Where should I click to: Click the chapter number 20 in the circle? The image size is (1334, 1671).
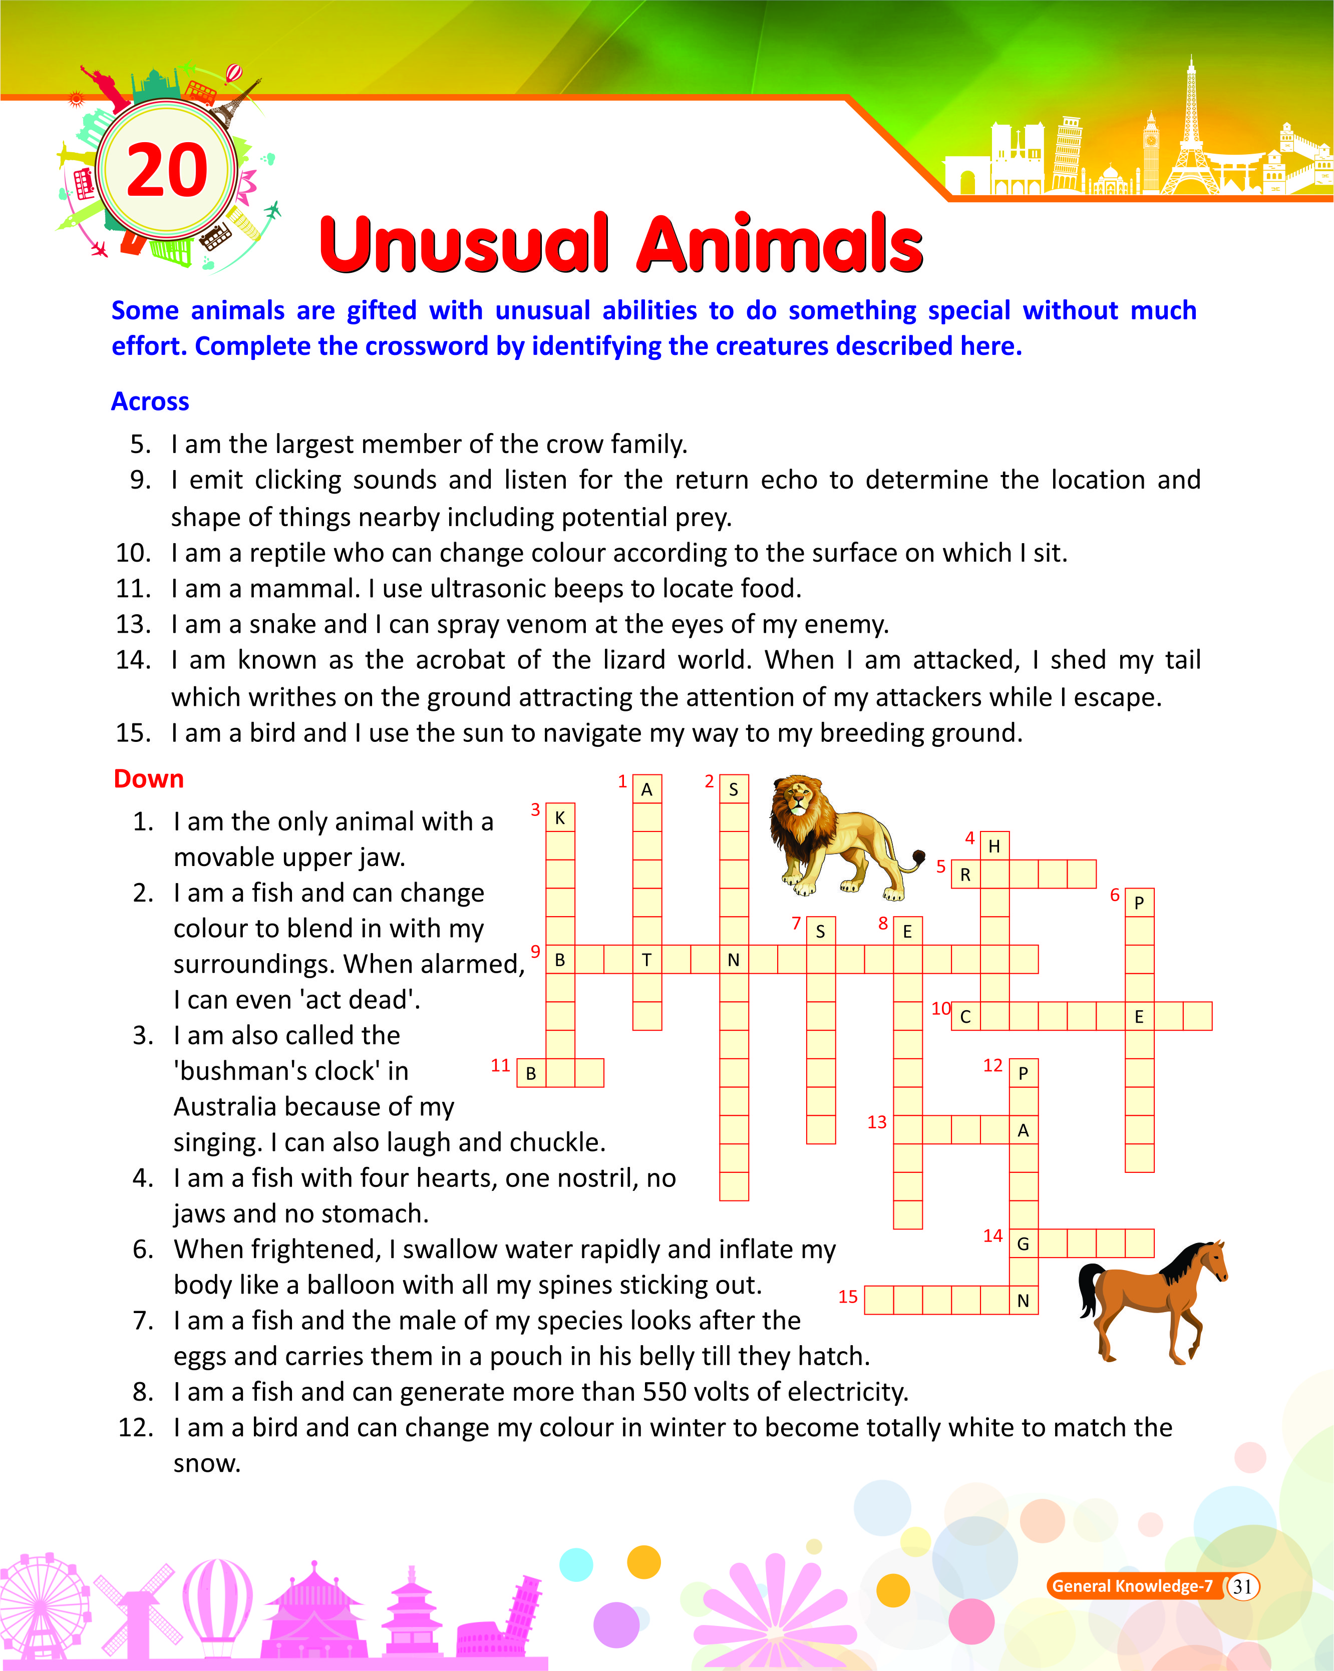point(167,171)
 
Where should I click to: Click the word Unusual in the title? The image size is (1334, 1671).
point(464,244)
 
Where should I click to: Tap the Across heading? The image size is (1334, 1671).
point(150,401)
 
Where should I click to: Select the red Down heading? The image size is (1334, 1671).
point(148,779)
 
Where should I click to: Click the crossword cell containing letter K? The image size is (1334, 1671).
point(560,817)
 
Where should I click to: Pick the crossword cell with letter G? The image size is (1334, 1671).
point(1023,1244)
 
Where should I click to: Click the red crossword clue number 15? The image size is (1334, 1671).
point(848,1297)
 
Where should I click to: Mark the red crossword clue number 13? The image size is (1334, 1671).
point(877,1122)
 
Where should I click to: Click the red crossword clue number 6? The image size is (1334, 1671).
point(1115,895)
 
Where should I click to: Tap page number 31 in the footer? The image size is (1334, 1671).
point(1242,1586)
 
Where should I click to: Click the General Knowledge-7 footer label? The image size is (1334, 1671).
point(1132,1586)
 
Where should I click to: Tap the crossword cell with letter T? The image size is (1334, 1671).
point(646,960)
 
